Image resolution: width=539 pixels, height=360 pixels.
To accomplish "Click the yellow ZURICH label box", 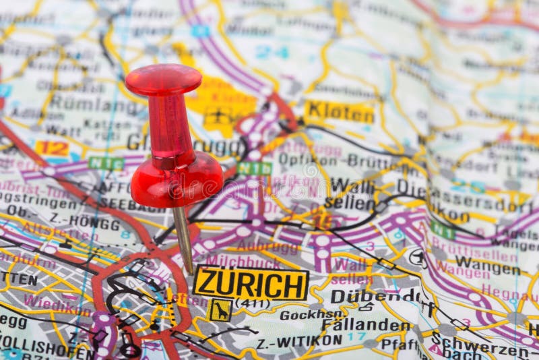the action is pyautogui.click(x=250, y=284).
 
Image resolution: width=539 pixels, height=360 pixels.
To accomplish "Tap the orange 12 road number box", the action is pyautogui.click(x=52, y=148).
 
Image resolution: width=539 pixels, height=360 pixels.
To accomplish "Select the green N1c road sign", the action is pyautogui.click(x=106, y=163).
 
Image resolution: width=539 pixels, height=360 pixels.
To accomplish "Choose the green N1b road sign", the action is pyautogui.click(x=255, y=168).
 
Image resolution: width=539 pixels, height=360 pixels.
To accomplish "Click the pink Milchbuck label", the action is pyautogui.click(x=243, y=260).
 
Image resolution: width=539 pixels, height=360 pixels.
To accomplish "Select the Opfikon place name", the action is pyautogui.click(x=307, y=159).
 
